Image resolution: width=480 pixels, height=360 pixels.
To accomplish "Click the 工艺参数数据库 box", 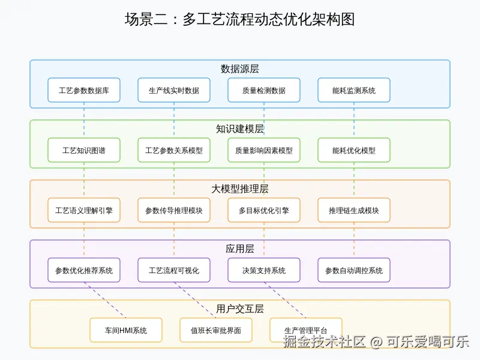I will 84,91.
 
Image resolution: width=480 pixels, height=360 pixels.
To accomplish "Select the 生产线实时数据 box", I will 174,91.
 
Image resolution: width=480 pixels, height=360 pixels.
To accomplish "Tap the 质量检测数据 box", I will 264,91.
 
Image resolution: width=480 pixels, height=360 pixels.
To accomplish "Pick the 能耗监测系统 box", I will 354,91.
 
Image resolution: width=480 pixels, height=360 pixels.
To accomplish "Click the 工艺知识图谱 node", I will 84,151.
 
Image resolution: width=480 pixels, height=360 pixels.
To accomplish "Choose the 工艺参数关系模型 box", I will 174,151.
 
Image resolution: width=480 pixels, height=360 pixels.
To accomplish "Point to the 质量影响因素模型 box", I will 264,151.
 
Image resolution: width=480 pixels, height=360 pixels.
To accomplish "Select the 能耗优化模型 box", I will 354,151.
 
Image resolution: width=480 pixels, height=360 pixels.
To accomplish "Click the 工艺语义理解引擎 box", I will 84,211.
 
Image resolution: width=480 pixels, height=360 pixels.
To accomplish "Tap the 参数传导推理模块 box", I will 174,211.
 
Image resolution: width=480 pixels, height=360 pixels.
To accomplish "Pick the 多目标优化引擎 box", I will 264,211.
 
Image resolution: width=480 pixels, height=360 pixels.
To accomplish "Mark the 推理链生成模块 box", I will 354,211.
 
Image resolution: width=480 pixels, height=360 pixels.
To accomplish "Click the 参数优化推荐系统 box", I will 84,271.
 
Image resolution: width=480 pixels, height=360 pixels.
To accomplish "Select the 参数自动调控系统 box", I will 354,271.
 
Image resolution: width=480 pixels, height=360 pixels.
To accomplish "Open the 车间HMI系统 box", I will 126,331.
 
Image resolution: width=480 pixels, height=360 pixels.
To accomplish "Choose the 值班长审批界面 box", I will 216,331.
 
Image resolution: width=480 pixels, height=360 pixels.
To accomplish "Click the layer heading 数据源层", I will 240,69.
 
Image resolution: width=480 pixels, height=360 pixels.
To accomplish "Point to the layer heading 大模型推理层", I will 240,189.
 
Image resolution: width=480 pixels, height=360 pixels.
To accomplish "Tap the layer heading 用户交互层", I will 240,309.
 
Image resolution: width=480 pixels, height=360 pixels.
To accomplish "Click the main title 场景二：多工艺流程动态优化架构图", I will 240,19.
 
